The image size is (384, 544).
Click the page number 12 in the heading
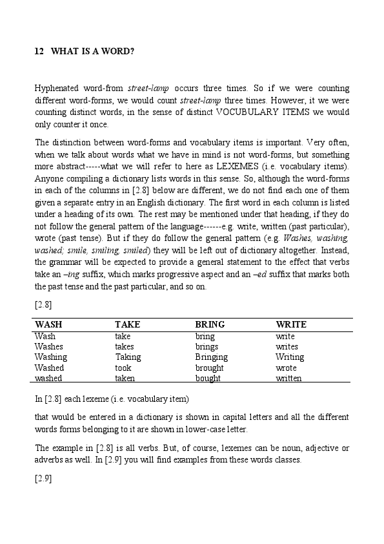(x=39, y=51)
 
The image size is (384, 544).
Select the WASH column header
(x=49, y=324)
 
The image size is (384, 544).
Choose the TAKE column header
(x=127, y=324)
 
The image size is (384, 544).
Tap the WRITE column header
(x=291, y=324)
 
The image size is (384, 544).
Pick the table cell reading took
(x=123, y=368)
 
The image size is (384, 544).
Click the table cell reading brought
(x=209, y=368)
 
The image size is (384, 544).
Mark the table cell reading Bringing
(x=211, y=357)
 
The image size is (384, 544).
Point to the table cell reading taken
(x=125, y=378)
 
